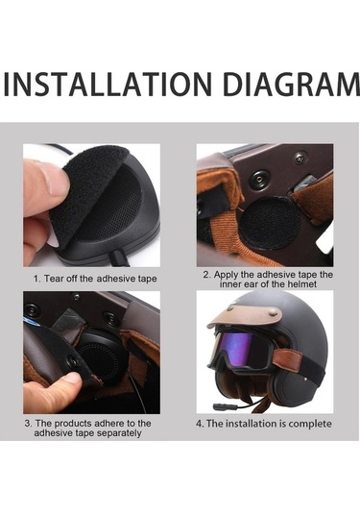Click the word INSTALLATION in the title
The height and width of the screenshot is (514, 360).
tap(108, 84)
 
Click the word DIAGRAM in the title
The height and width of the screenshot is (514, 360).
tap(292, 84)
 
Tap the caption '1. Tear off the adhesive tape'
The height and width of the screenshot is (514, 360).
tap(95, 279)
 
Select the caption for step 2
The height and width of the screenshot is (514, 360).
tap(268, 280)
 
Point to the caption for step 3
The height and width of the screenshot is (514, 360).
tap(87, 428)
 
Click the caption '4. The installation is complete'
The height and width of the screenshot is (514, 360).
tap(264, 424)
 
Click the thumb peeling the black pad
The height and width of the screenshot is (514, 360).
tap(46, 187)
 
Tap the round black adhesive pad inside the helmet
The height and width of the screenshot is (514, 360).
tap(270, 223)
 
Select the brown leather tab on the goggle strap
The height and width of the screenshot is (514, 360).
tap(284, 358)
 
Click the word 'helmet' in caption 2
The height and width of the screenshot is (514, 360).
tap(302, 284)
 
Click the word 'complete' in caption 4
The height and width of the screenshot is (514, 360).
tap(310, 424)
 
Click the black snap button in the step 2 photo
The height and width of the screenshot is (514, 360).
tap(259, 179)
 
